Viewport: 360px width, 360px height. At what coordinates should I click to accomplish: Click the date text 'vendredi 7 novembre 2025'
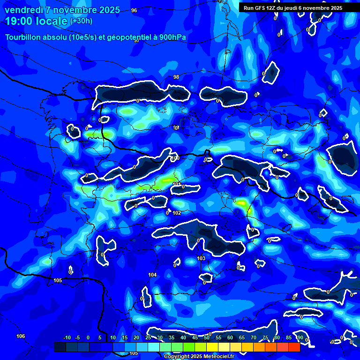pos(62,10)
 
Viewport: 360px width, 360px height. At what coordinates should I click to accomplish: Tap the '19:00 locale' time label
pos(36,21)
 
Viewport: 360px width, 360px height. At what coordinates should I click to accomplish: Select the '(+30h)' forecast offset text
pos(81,21)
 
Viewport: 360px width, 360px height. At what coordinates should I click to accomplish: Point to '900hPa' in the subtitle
pos(172,37)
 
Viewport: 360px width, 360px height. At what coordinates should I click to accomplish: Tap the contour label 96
pos(134,10)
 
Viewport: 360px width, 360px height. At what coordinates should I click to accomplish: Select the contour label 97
pos(137,41)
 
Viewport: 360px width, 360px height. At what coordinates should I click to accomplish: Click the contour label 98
pos(176,77)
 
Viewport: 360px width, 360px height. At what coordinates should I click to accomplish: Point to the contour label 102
pos(177,213)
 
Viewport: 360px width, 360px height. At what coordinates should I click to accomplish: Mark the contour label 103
pos(201,258)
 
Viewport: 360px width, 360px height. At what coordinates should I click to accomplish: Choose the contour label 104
pos(152,275)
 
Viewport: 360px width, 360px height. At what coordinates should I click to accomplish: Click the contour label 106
pos(21,336)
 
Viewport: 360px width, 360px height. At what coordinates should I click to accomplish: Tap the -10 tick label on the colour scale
pos(67,338)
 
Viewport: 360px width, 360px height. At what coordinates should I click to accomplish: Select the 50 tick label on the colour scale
pos(207,338)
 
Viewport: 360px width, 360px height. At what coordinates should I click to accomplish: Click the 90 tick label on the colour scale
pos(300,338)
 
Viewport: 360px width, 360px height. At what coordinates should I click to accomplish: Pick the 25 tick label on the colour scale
pos(148,338)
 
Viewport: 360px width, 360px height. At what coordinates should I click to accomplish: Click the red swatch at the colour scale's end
pos(294,347)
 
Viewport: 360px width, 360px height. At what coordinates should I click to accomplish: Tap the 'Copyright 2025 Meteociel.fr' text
pos(199,356)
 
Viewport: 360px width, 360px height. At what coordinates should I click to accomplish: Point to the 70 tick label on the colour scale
pos(254,338)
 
